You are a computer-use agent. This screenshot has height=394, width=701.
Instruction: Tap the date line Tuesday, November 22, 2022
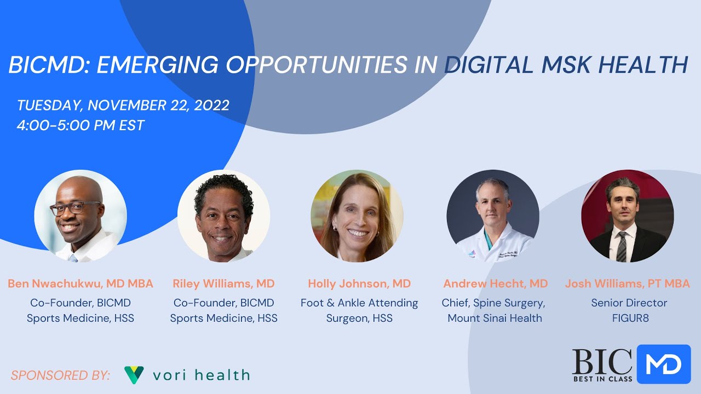(x=123, y=105)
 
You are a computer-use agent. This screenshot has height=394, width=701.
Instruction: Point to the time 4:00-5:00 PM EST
(x=81, y=125)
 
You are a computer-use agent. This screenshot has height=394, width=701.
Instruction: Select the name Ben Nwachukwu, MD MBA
(x=81, y=283)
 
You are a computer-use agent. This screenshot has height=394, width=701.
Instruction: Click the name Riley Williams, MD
(x=223, y=283)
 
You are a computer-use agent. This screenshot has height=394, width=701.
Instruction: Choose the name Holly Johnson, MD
(x=359, y=283)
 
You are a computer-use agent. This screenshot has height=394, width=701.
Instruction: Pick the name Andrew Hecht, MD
(x=495, y=283)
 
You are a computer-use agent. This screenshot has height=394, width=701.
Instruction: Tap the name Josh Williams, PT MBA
(x=627, y=283)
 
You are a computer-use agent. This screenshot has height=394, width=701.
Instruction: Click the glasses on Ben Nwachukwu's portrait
(x=76, y=208)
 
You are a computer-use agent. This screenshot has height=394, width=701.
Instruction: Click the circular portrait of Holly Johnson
(x=357, y=216)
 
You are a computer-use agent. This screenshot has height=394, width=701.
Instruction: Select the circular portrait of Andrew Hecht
(x=493, y=216)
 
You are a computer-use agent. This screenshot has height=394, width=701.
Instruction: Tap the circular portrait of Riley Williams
(x=223, y=216)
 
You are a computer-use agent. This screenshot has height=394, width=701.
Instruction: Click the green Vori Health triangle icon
(x=134, y=374)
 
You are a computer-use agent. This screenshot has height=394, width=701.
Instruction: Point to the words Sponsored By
(x=60, y=375)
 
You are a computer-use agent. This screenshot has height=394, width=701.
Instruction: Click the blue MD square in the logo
(x=664, y=364)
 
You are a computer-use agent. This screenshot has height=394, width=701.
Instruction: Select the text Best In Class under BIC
(x=602, y=379)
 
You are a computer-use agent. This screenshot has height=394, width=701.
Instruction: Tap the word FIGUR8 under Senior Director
(x=630, y=318)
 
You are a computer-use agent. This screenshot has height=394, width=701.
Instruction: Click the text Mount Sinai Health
(x=495, y=318)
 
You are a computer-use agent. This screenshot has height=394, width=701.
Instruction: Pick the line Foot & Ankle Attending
(x=359, y=303)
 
